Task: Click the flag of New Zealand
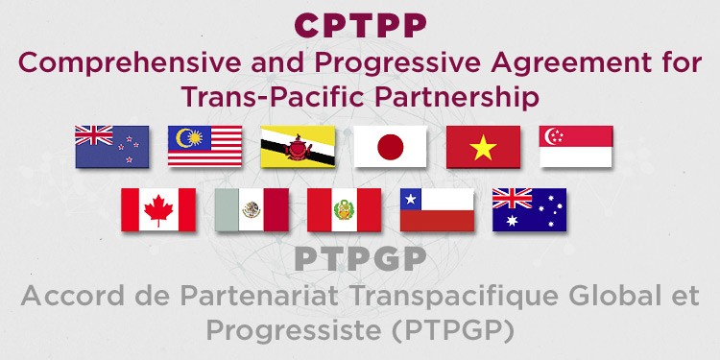click(112, 147)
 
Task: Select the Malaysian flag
click(204, 147)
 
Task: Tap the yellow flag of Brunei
click(298, 147)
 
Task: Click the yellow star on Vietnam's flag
click(483, 147)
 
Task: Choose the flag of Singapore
click(576, 147)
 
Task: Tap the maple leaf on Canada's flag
click(158, 209)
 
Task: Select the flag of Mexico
click(252, 209)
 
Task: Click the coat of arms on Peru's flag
click(344, 209)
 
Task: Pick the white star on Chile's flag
click(413, 199)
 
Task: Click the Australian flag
click(529, 209)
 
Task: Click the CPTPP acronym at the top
click(359, 24)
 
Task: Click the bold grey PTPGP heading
click(359, 259)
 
